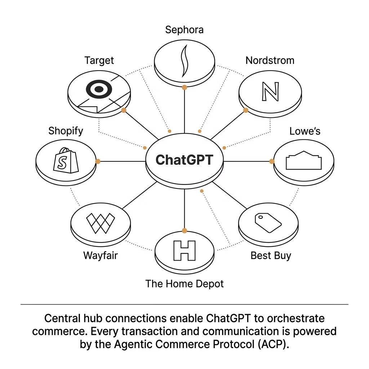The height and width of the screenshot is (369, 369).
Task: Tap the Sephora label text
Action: coord(184,30)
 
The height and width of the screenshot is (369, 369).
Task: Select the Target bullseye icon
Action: coord(99,90)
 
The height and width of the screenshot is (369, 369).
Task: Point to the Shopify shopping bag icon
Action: coord(66,160)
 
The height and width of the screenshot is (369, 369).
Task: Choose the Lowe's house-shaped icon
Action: coord(303,161)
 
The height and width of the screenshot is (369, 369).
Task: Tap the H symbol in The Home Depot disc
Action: coord(184,250)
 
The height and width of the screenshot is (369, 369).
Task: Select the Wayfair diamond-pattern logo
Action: coord(101,223)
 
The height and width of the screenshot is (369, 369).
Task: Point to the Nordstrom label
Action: coord(270,60)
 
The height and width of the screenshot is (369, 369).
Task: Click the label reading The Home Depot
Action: coord(184,284)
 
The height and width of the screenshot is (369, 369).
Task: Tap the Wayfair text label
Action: coord(100,255)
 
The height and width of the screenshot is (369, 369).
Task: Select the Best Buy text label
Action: coord(271,255)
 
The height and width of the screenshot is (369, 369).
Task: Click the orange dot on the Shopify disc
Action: coord(98,161)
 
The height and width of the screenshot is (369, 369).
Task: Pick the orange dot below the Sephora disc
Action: coord(184,87)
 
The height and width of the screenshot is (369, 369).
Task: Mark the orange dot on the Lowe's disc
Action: coord(272,161)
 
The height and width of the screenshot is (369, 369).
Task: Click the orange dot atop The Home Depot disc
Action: coord(184,231)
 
